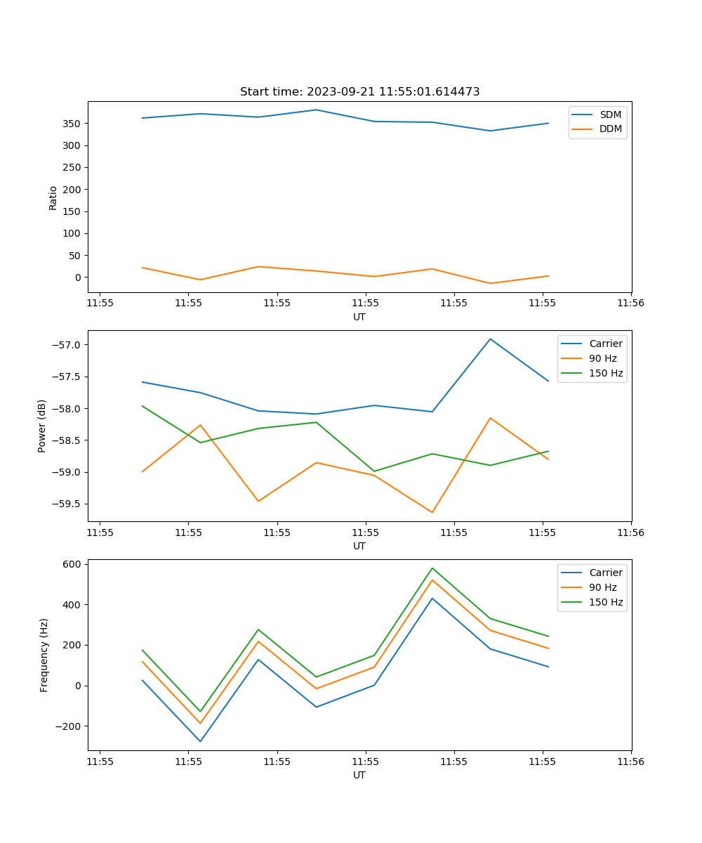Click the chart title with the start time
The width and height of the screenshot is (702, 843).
click(359, 92)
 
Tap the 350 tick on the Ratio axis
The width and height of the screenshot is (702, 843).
click(72, 124)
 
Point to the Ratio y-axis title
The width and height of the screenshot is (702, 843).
click(53, 197)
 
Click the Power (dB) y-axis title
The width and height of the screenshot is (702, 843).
click(42, 426)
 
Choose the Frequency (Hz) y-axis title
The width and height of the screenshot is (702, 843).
click(44, 655)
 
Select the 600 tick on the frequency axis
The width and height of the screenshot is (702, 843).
click(73, 564)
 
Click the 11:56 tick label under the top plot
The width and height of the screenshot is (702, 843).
click(630, 303)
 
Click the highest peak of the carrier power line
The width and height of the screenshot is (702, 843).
click(490, 339)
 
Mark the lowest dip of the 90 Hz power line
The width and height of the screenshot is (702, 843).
click(432, 512)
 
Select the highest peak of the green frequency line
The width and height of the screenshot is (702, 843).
click(432, 568)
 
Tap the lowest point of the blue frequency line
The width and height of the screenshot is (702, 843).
click(200, 741)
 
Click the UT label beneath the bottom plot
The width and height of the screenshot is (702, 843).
click(359, 775)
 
